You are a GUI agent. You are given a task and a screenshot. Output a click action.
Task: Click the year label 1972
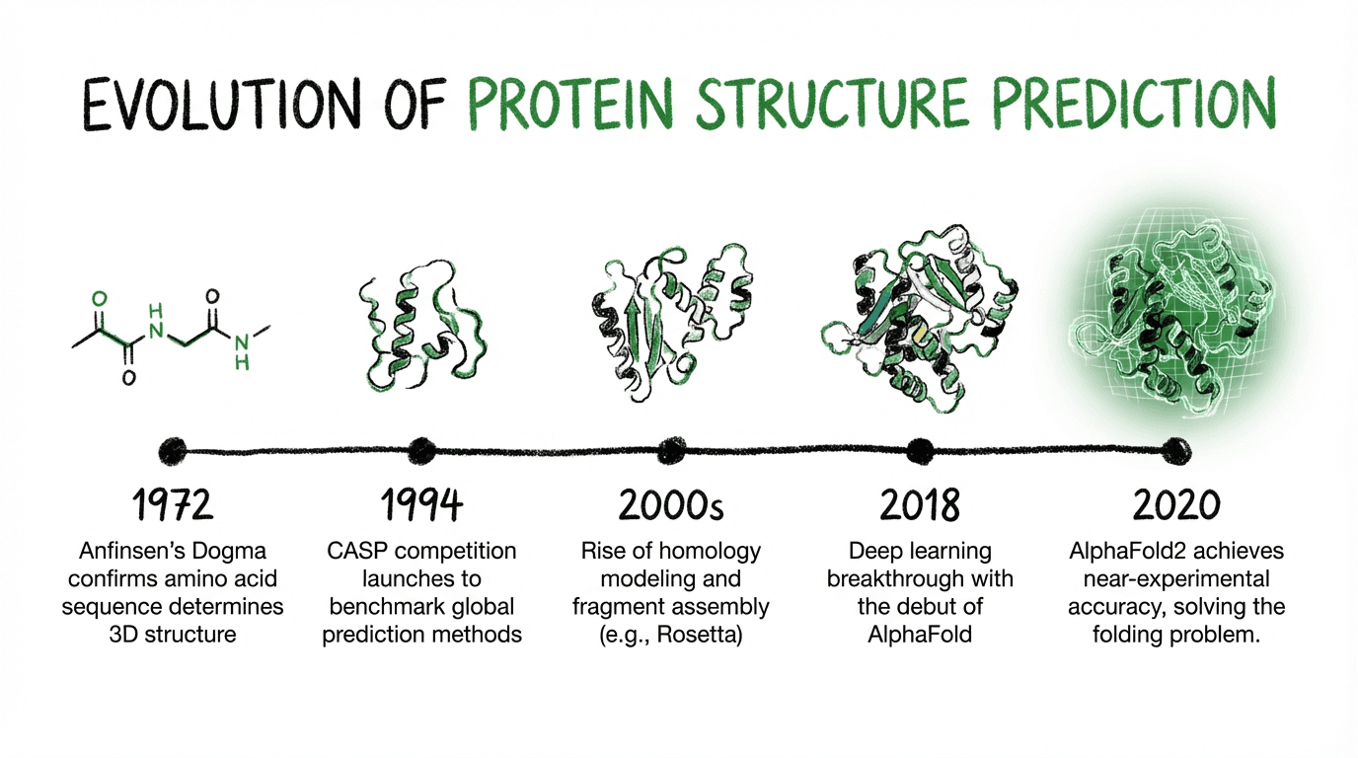click(x=173, y=504)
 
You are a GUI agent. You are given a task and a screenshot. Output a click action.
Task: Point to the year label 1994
click(x=421, y=504)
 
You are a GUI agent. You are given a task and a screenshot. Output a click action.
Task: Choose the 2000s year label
click(x=671, y=504)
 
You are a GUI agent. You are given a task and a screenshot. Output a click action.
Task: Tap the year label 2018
click(x=920, y=504)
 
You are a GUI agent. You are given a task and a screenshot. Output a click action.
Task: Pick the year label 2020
click(x=1175, y=504)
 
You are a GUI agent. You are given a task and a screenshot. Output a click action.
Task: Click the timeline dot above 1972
click(x=173, y=450)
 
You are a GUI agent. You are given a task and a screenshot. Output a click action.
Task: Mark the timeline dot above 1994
click(x=421, y=450)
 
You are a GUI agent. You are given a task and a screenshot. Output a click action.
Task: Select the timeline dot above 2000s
click(x=671, y=450)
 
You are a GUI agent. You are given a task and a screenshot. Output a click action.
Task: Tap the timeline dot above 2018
click(x=920, y=450)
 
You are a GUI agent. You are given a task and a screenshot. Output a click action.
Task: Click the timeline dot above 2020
click(x=1175, y=450)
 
